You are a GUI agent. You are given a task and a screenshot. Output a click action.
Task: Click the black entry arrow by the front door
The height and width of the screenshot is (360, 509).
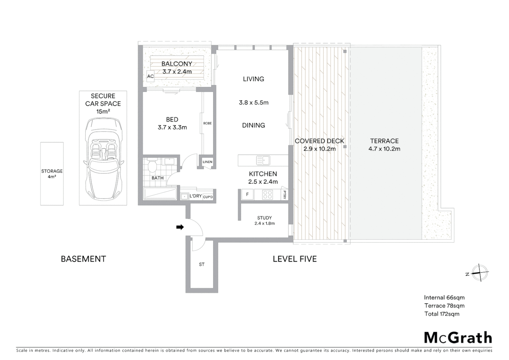tap(180, 227)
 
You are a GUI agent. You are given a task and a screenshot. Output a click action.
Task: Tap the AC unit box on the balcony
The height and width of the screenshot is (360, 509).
tap(151, 76)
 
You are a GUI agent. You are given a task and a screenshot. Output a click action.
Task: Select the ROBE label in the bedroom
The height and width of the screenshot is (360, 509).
tap(207, 123)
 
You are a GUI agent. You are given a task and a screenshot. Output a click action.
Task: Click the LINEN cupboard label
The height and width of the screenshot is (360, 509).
tap(207, 162)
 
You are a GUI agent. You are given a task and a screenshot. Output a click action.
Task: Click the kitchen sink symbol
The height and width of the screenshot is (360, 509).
tap(263, 160)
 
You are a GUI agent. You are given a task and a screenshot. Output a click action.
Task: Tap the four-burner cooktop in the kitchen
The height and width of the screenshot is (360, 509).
tap(267, 194)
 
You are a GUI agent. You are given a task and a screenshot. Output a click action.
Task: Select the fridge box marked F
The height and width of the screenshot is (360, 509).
tap(247, 194)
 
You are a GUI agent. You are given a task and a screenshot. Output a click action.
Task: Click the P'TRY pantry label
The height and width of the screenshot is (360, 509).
tap(284, 194)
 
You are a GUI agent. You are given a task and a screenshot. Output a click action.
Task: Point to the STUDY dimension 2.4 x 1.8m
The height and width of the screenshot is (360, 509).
tap(264, 224)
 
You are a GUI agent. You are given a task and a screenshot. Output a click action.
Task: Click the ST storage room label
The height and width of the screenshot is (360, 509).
tap(202, 264)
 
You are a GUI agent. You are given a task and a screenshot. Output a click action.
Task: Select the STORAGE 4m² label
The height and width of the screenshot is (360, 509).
tap(52, 174)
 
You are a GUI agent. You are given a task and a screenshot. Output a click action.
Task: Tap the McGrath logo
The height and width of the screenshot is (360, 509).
tap(458, 338)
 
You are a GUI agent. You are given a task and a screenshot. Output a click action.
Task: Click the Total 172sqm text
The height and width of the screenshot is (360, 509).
tap(442, 314)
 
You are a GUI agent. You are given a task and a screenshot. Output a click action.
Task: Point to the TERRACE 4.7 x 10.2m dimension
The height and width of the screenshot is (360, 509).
tap(384, 149)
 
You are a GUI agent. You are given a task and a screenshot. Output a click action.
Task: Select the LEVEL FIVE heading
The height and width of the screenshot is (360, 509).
tap(294, 259)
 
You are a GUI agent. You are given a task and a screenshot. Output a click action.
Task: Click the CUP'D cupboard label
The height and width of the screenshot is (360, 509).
tap(208, 197)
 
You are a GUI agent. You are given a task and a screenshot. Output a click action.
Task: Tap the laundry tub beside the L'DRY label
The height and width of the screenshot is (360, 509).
tap(184, 197)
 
